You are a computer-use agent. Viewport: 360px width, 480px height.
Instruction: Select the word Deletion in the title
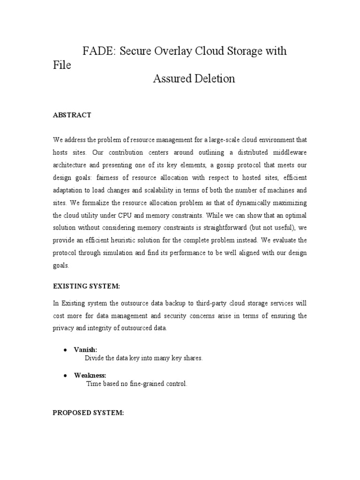point(214,79)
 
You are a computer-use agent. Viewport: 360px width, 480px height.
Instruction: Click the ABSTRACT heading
point(72,115)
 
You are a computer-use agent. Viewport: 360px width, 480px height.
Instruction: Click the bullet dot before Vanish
point(65,350)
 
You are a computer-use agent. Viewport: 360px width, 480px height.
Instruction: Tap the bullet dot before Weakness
point(65,375)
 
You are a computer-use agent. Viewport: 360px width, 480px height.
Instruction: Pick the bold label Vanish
point(85,350)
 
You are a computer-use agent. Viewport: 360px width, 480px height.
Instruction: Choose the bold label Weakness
point(90,375)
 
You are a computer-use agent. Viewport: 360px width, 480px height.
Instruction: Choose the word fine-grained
point(143,384)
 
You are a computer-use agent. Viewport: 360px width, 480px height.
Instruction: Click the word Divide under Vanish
point(94,358)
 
